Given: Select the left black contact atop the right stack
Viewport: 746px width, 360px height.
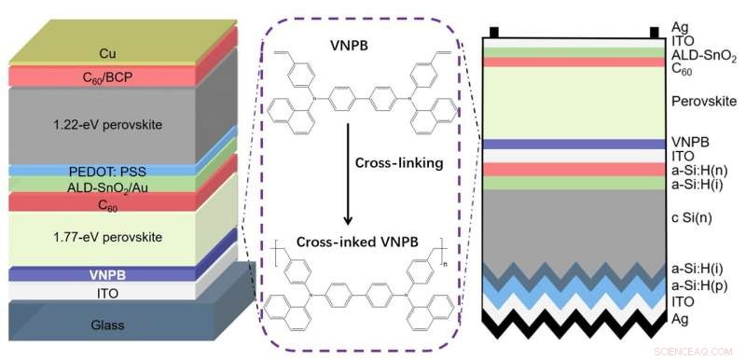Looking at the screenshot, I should click(494, 32).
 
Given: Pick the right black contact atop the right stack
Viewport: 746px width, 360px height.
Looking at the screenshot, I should click(653, 32).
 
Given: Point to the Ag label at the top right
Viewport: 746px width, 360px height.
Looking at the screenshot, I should click(681, 27).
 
